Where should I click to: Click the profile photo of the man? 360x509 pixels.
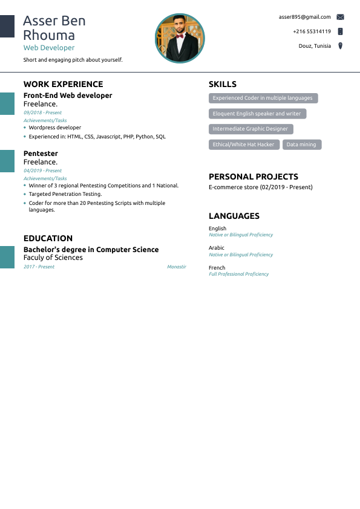180,39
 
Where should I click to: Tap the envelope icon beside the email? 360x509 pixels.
340,17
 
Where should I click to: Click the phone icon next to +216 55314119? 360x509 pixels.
340,31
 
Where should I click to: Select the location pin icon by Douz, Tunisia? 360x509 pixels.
340,46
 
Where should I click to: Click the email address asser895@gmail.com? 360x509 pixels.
304,17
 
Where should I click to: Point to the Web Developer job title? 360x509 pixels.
49,48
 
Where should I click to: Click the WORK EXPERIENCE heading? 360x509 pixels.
63,85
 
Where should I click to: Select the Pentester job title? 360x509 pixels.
41,154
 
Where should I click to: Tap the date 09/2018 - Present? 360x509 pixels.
42,112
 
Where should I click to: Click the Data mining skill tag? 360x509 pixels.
301,144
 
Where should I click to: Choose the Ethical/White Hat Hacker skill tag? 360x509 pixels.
244,144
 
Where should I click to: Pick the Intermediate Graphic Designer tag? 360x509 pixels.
250,129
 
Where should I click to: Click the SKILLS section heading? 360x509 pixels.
223,85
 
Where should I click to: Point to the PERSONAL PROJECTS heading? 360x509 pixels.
254,177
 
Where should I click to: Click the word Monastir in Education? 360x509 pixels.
176,267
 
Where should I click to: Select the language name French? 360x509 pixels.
217,267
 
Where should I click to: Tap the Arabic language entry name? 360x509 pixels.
216,248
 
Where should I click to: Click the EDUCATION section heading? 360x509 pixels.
48,238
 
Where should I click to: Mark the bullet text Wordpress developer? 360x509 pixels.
54,128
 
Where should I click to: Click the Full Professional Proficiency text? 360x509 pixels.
238,274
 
